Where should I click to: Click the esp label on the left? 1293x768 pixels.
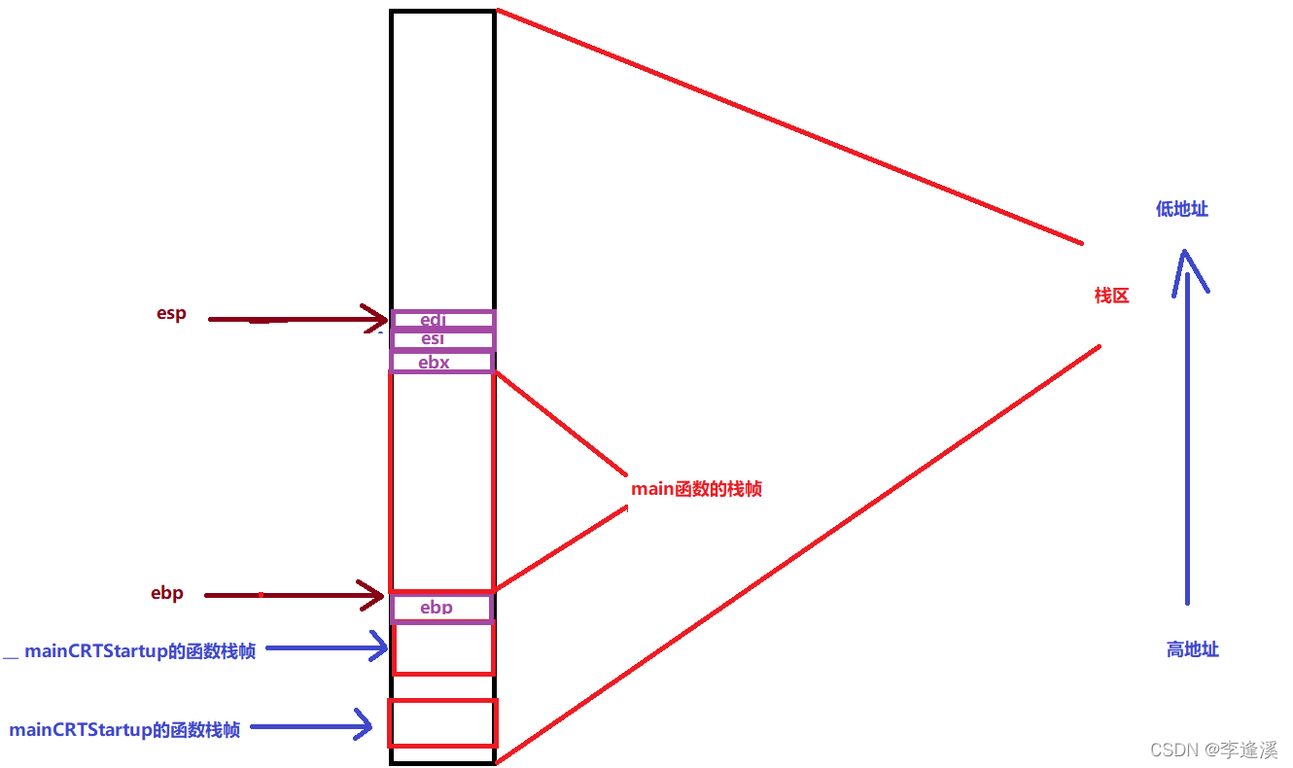click(171, 314)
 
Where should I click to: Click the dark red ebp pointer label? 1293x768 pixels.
click(167, 593)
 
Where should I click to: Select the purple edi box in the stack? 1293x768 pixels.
click(442, 320)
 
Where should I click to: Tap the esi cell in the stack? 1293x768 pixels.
click(442, 339)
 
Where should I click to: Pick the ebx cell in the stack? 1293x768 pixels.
click(441, 362)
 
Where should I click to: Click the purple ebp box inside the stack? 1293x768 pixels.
click(441, 608)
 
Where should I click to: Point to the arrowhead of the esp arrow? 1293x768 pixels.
click(378, 318)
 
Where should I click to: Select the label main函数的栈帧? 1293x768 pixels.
click(696, 489)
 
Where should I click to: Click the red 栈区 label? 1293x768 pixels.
click(1111, 296)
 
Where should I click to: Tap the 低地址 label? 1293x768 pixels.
click(1181, 209)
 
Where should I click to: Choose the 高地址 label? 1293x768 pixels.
click(1192, 649)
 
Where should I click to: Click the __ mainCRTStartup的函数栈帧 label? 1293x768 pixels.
click(130, 651)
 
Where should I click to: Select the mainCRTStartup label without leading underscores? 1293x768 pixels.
click(124, 729)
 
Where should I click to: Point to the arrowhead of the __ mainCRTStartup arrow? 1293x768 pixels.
click(380, 646)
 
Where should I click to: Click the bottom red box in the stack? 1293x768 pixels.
click(442, 723)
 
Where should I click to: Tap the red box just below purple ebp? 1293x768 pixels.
click(442, 648)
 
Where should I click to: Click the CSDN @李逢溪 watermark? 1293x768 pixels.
click(1213, 750)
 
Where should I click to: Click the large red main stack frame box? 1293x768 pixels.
click(441, 481)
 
